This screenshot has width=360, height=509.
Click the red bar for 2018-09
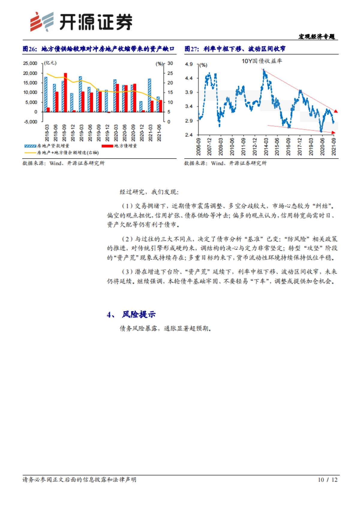(65, 92)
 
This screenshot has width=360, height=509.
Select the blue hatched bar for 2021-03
(149, 95)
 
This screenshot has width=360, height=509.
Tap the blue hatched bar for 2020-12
(141, 106)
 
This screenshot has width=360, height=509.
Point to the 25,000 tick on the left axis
(30, 63)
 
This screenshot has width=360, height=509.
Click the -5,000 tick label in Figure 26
(31, 122)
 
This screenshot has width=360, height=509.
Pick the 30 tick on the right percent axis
(170, 63)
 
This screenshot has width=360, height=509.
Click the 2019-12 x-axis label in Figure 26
(107, 133)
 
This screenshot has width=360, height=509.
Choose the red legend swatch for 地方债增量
(107, 146)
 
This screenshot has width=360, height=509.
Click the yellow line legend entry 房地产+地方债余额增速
(67, 153)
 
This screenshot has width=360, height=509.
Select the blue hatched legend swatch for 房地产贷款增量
(30, 146)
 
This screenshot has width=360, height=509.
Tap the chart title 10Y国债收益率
(262, 61)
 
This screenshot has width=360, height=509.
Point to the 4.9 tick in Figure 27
(189, 64)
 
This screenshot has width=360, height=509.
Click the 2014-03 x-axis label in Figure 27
(266, 147)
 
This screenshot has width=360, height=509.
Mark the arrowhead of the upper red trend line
(336, 111)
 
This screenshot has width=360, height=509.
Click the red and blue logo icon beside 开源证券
(42, 22)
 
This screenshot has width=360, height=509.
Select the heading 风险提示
(139, 314)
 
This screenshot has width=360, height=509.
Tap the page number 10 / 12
(328, 480)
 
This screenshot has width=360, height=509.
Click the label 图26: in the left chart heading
(30, 49)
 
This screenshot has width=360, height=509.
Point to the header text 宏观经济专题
(316, 37)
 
